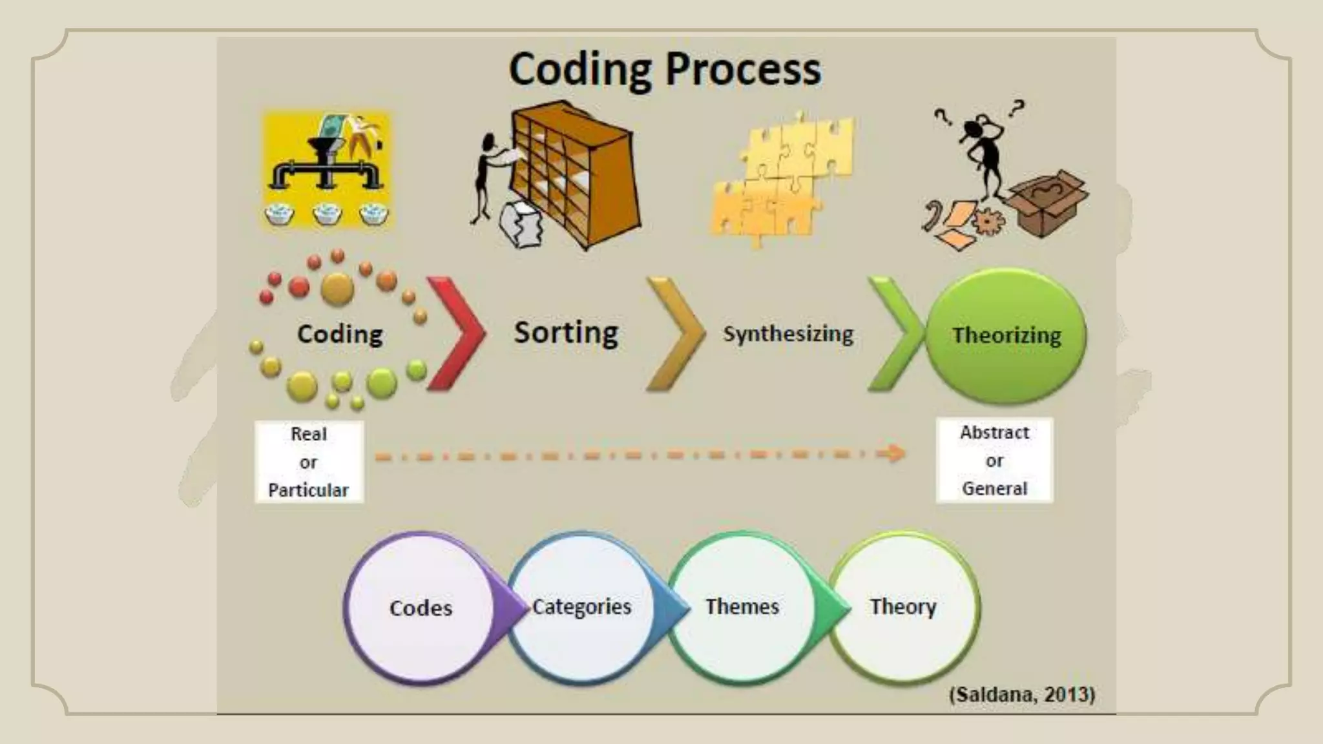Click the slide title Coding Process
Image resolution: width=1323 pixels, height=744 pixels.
click(x=665, y=70)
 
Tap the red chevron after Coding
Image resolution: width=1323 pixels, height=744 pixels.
click(x=455, y=334)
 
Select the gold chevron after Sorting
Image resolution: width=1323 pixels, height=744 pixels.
click(x=676, y=334)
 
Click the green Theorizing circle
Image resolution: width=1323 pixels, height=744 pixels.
click(x=1006, y=335)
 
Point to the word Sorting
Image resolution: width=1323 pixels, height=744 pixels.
click(x=566, y=333)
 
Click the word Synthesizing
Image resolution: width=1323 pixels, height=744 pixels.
click(x=788, y=334)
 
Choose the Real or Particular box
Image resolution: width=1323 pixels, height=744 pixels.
click(x=309, y=462)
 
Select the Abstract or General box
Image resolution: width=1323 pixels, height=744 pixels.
click(x=994, y=460)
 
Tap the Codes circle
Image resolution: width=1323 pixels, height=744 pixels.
click(x=420, y=608)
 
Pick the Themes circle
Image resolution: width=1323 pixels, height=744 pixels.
click(x=742, y=607)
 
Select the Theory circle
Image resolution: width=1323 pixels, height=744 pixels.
click(x=903, y=607)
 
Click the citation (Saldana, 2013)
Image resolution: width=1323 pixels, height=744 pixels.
click(x=1022, y=694)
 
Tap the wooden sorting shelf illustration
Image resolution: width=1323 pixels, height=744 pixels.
click(x=572, y=171)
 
